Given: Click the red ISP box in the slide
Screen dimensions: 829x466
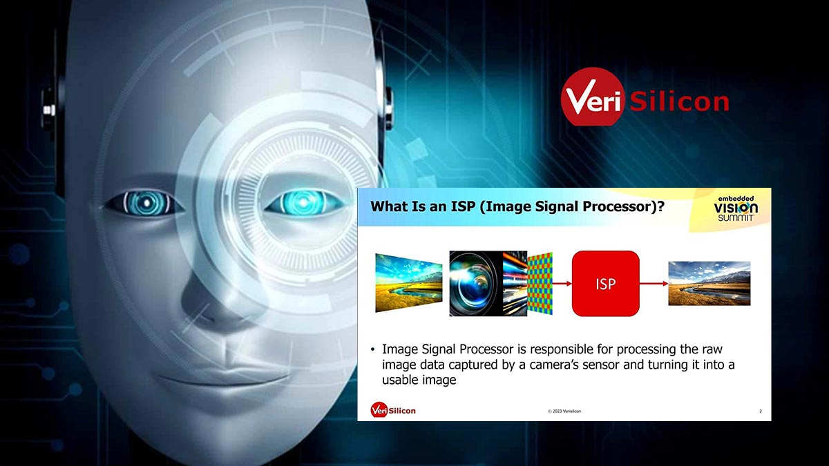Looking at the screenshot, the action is (605, 283).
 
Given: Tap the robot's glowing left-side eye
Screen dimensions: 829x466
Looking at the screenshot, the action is (145, 203).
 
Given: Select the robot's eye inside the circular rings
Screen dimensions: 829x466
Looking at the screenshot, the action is (304, 202).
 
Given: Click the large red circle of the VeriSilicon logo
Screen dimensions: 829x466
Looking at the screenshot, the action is (592, 97).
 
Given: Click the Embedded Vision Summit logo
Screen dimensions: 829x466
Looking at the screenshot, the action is (736, 209).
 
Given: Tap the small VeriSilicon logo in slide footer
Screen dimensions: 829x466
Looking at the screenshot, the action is (393, 410).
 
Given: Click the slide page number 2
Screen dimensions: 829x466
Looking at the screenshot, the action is (761, 411).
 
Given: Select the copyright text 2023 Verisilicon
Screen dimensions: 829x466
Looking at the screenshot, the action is (564, 411).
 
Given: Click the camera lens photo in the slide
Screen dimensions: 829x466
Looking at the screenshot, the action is (476, 283).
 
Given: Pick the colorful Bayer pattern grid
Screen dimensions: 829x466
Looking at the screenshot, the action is (540, 283).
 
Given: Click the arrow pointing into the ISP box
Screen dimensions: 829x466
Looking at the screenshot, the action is (562, 284).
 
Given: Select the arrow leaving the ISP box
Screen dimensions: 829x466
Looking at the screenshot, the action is (654, 284).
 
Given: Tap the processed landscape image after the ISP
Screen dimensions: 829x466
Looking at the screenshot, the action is (709, 283).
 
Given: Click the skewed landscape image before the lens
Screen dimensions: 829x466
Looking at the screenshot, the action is (409, 283).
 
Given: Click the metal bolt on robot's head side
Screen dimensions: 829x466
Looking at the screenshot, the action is (48, 110).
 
